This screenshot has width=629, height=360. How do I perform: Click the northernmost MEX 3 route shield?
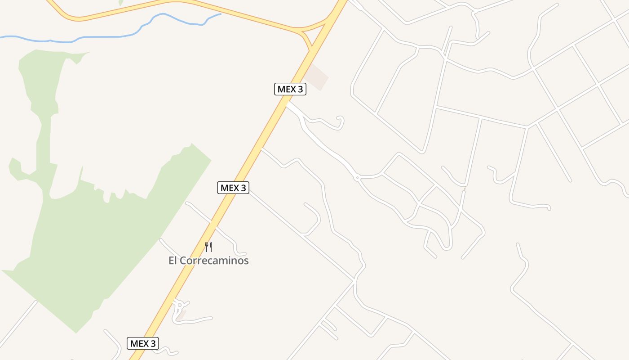[x=290, y=89]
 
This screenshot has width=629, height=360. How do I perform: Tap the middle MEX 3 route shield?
[x=233, y=188]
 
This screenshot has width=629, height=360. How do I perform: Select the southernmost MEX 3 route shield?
[x=143, y=343]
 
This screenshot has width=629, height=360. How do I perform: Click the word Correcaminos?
[x=214, y=261]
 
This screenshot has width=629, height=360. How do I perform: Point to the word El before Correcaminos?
[x=173, y=261]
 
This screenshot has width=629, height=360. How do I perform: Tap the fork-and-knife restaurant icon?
[x=208, y=247]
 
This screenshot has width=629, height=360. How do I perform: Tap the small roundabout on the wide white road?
[x=357, y=178]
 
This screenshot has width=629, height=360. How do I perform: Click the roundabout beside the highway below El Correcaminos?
[x=180, y=305]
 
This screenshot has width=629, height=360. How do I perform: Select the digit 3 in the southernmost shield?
[x=153, y=343]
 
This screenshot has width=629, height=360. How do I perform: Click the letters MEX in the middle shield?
[x=229, y=188]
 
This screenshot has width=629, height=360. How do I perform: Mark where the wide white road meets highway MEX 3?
[x=288, y=103]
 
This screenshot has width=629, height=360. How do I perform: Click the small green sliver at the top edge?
[x=121, y=2]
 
